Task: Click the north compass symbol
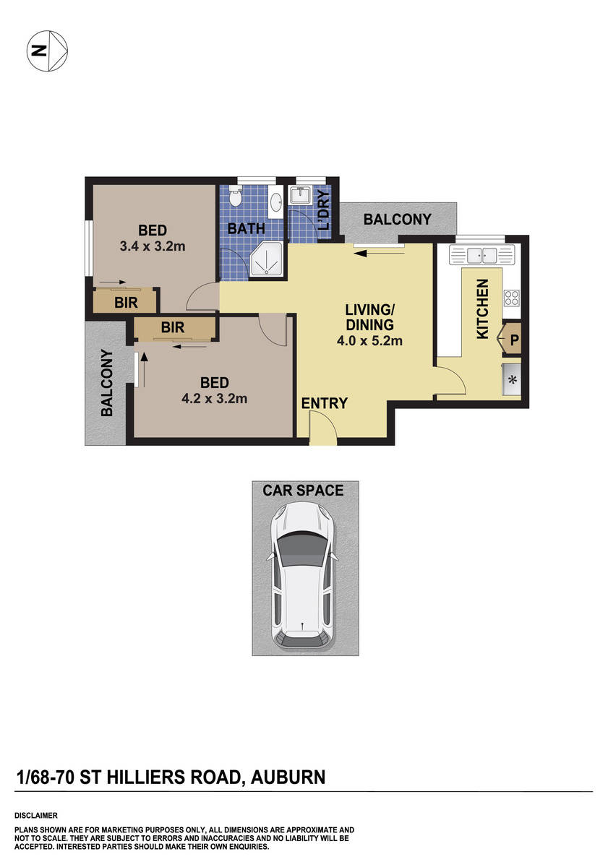48,51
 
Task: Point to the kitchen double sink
481,255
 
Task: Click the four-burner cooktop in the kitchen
511,297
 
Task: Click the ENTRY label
325,403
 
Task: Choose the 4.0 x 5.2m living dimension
369,341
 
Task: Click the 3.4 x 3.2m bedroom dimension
153,246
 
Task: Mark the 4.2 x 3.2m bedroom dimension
215,398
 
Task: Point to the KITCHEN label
482,309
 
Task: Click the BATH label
246,229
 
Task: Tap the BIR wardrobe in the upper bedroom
126,302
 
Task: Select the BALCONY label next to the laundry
397,219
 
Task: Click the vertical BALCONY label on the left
107,383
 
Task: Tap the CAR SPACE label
303,491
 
